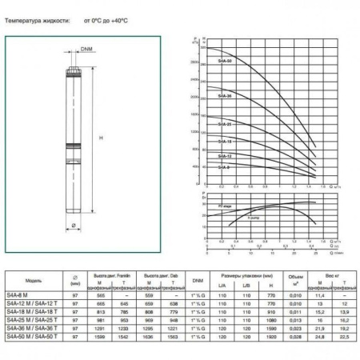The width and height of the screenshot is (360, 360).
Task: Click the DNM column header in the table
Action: point(197,281)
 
